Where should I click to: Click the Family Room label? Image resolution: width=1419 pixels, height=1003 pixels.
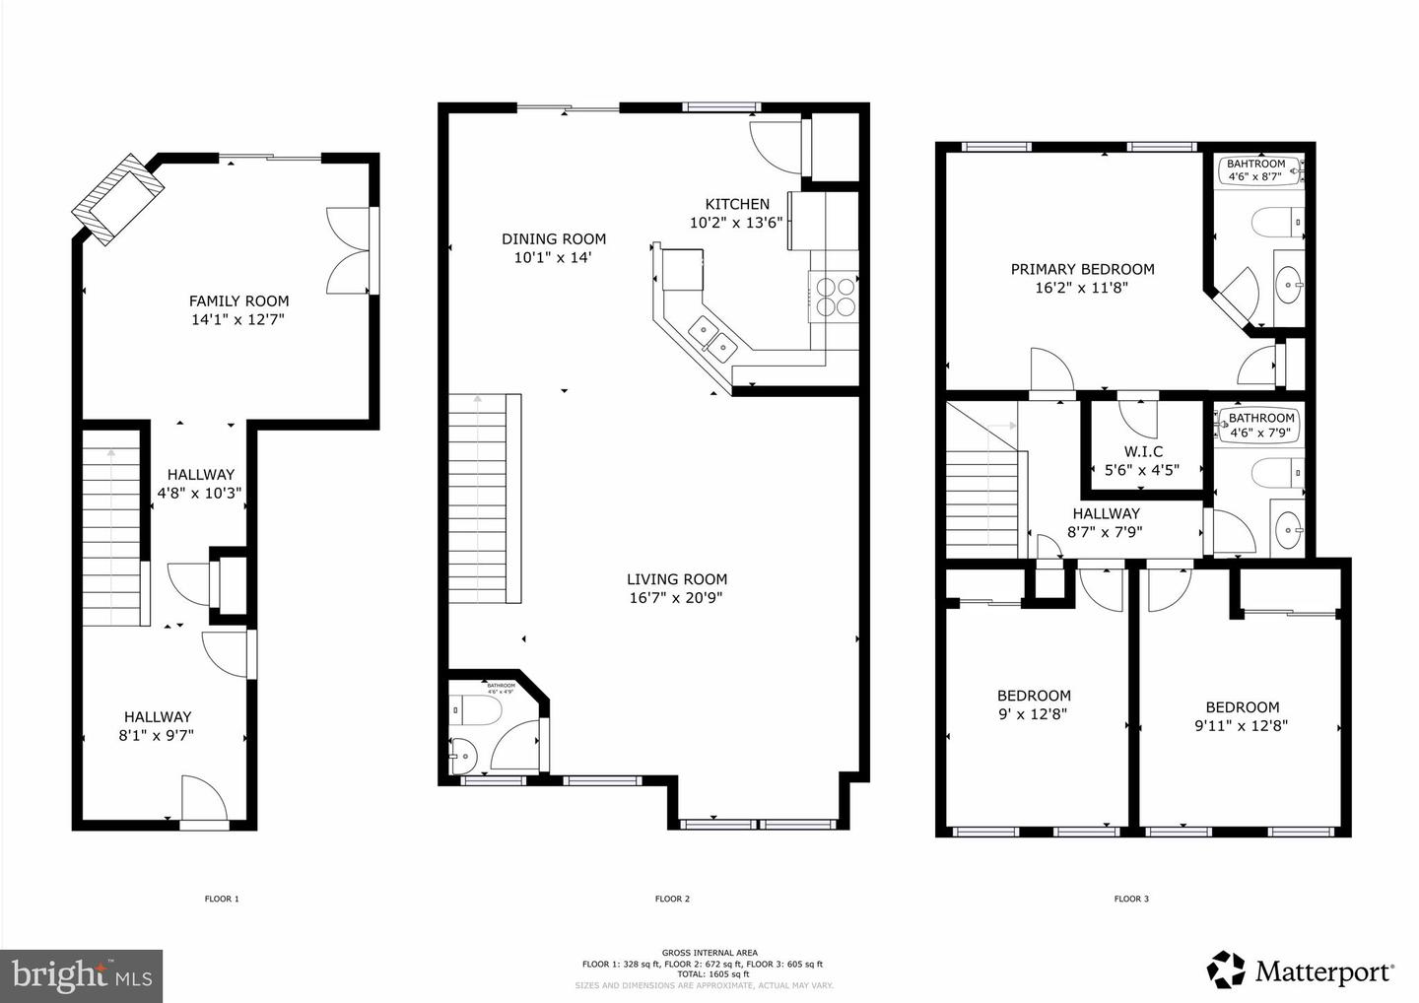[239, 301]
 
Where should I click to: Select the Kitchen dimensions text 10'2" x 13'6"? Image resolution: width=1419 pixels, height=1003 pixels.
[736, 223]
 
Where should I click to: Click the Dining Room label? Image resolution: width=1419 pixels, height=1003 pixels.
[553, 238]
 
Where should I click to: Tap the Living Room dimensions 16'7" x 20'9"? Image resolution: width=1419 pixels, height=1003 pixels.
[677, 597]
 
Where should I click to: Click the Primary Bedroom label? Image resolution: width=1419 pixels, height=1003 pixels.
[1082, 269]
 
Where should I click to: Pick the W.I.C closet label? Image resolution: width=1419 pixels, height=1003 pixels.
[1143, 451]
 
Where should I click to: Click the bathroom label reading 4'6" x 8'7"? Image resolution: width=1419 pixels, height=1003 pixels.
[1255, 176]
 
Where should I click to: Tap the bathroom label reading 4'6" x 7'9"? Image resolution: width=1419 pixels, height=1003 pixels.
[1261, 432]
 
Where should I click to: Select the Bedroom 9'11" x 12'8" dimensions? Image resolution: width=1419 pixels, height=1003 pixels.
[1243, 725]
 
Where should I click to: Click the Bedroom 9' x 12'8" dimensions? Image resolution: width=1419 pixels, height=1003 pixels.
[1034, 713]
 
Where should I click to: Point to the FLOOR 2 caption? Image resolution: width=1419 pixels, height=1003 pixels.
[672, 899]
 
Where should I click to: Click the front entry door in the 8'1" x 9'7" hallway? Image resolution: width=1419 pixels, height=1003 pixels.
[204, 800]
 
